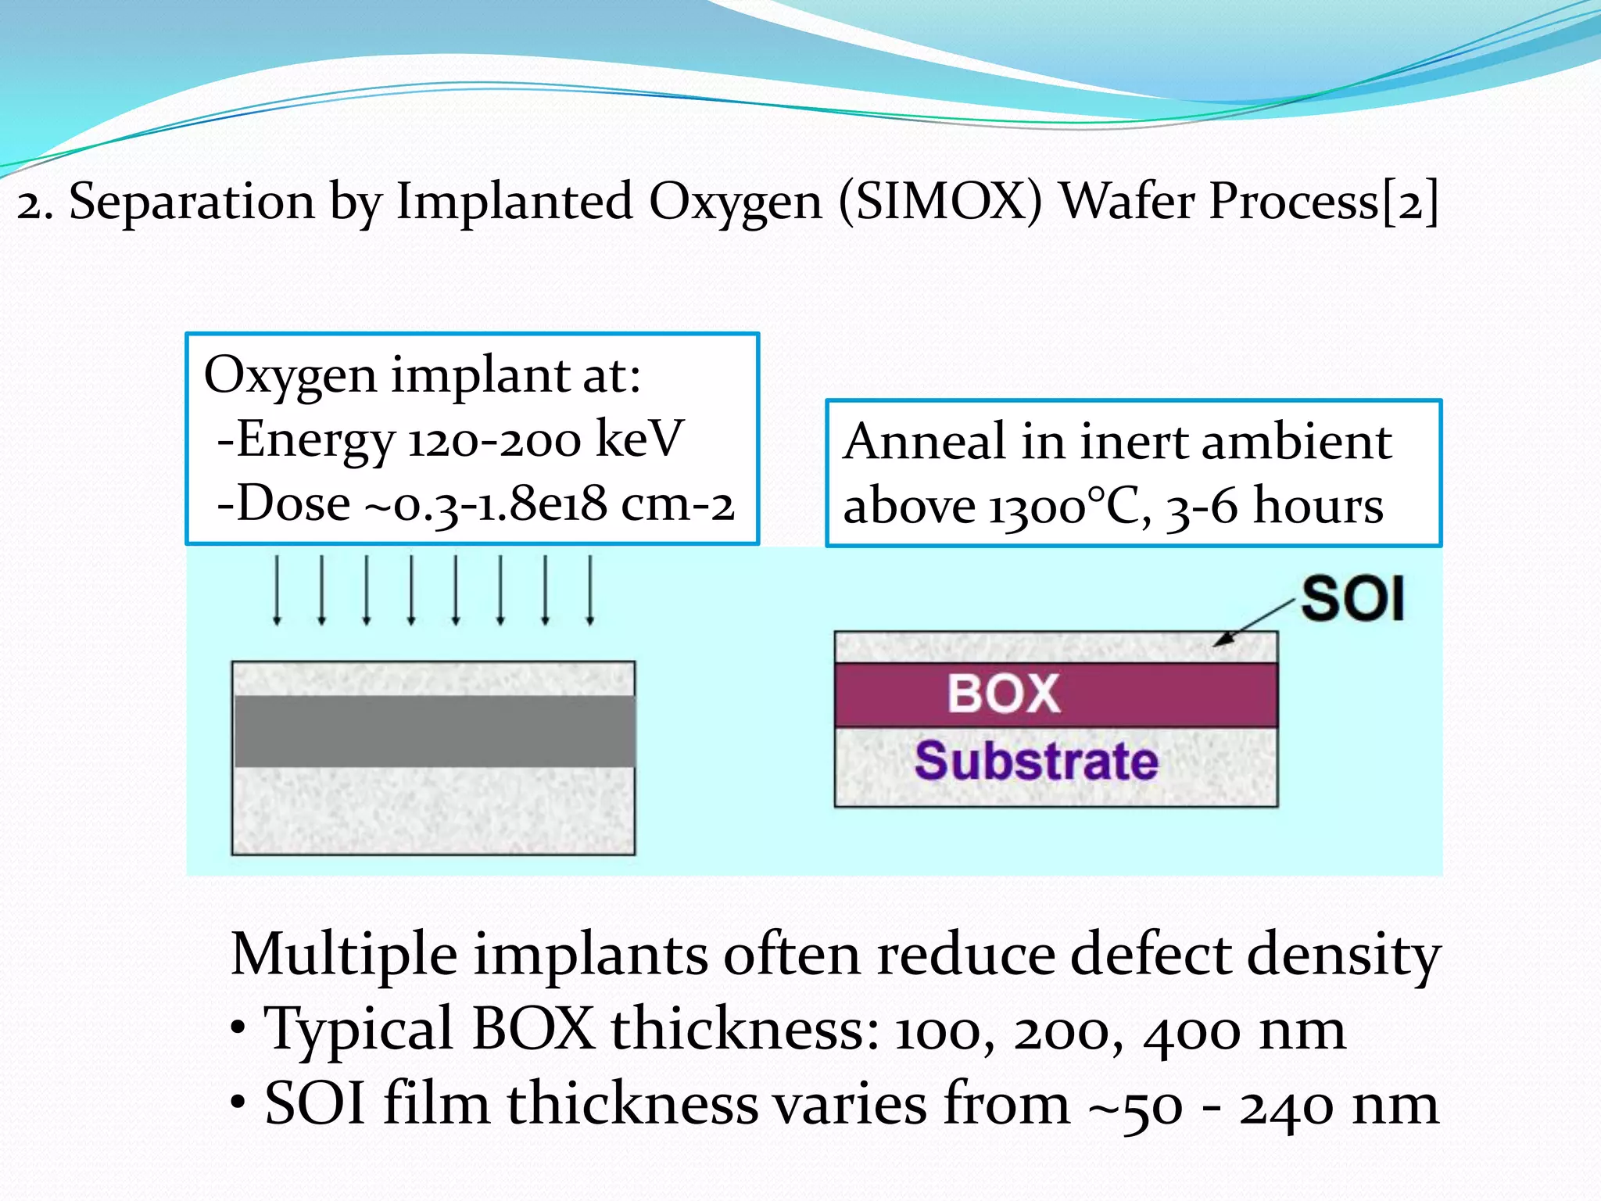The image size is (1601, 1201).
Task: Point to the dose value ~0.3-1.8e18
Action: click(485, 504)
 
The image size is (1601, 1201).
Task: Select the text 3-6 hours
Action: click(1275, 507)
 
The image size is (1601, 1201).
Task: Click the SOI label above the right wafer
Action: click(1353, 599)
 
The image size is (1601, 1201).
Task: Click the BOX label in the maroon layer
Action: click(1004, 694)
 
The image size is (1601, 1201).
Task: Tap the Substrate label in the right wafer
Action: click(1036, 761)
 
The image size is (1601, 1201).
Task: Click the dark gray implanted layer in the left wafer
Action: click(434, 731)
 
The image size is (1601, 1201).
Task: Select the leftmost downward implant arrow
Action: click(277, 590)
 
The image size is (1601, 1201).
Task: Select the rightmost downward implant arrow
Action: click(590, 590)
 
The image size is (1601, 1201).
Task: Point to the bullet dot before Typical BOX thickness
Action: click(239, 1029)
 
